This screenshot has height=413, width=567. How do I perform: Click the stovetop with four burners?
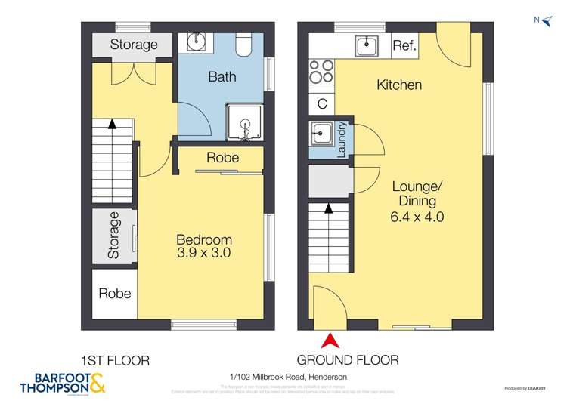point(321,71)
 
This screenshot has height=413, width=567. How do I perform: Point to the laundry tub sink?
point(321,137)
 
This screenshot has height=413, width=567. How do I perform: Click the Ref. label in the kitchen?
point(404,46)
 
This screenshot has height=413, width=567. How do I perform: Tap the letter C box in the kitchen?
point(321,103)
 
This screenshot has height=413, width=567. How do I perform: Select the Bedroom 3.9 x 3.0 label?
point(200,246)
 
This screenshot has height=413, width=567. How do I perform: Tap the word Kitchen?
point(399,85)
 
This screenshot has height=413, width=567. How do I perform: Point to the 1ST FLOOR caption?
point(115,360)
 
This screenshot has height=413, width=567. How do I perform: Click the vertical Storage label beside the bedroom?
point(114,236)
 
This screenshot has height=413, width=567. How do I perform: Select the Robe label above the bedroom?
point(222,158)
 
